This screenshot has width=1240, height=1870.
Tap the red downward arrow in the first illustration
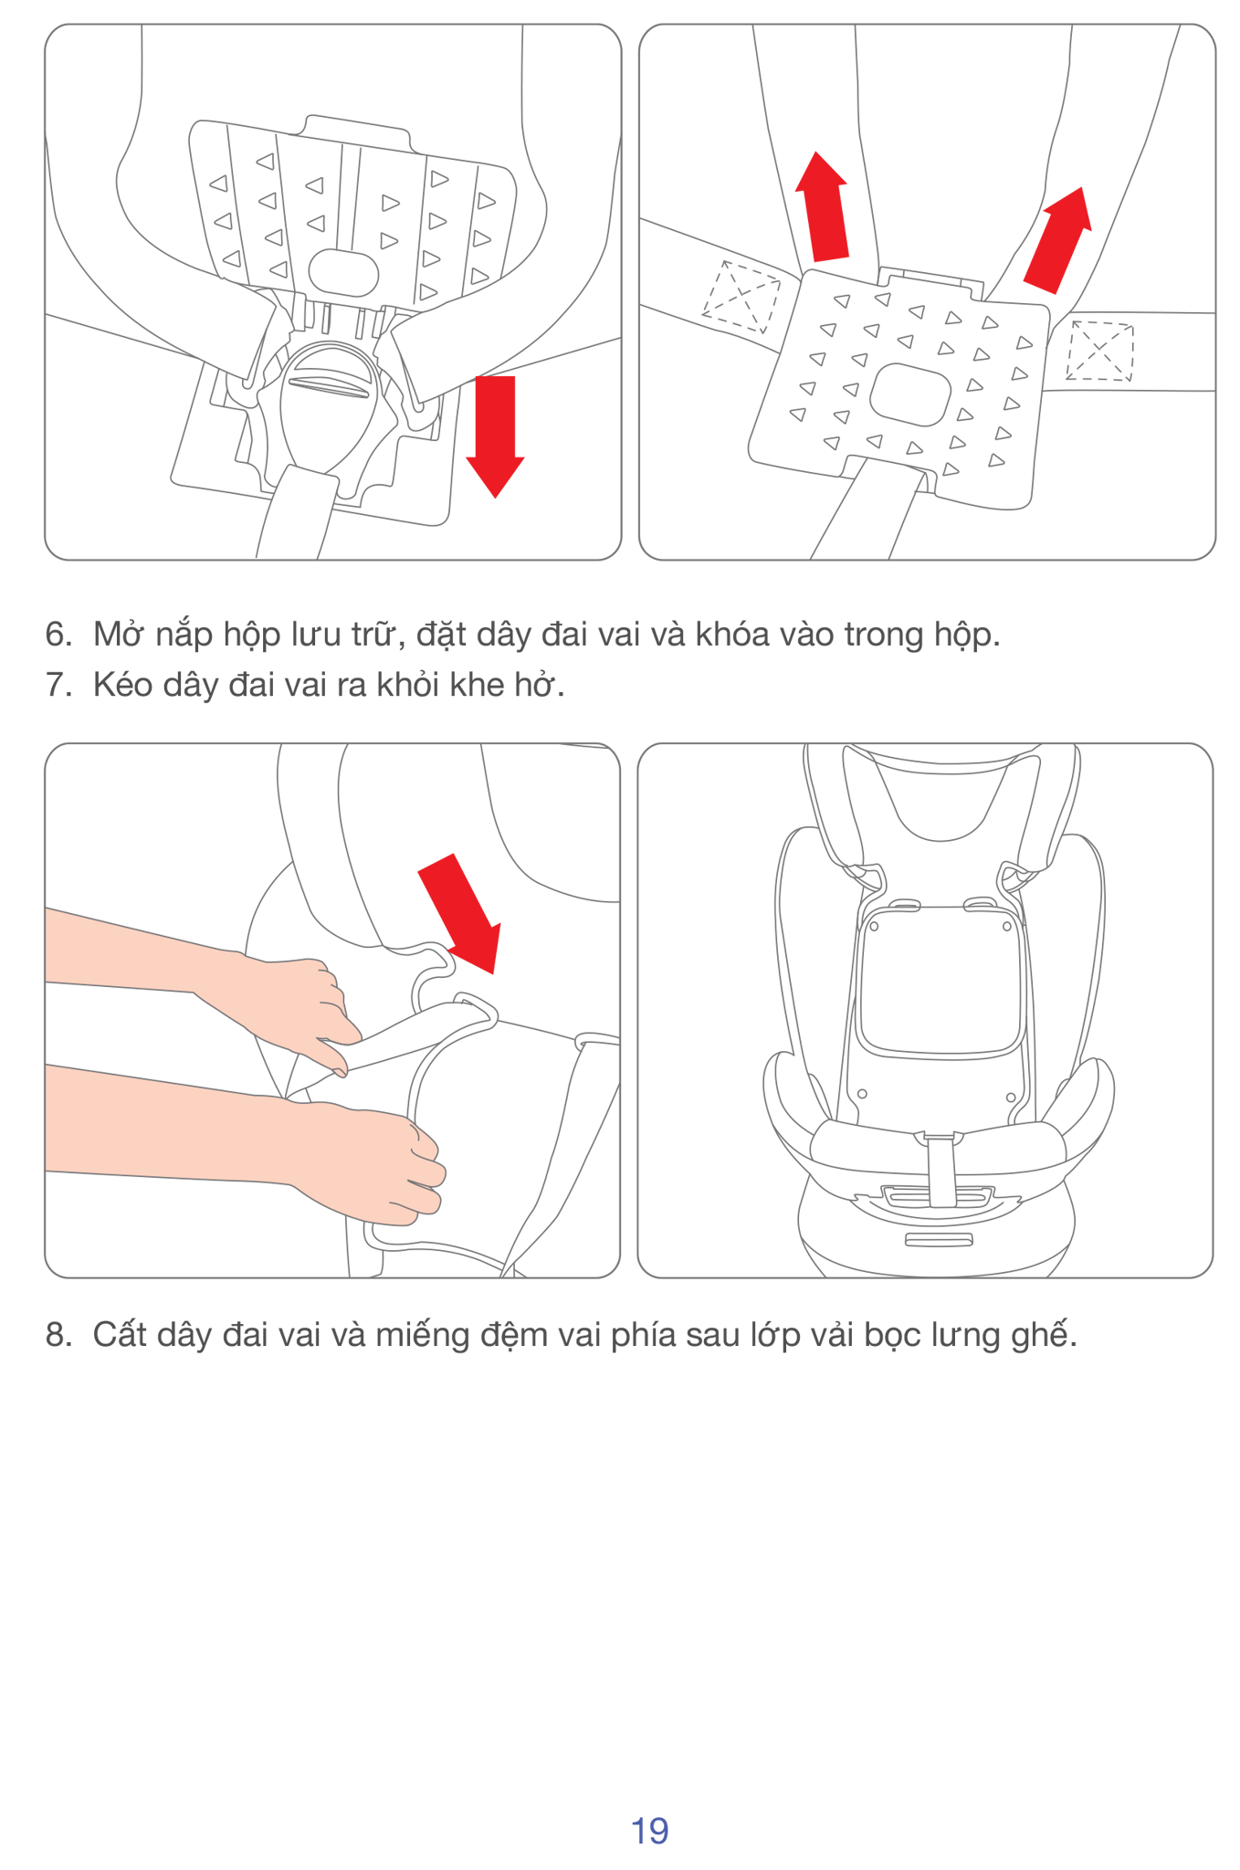coord(495,436)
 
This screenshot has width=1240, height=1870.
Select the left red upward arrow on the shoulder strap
coord(823,207)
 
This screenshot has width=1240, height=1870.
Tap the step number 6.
coord(58,635)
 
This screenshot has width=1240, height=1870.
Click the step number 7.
coord(58,685)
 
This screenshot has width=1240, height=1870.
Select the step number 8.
coord(58,1335)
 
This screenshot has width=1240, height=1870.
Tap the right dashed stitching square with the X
coord(1099,351)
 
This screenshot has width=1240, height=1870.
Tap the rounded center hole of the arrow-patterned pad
coord(909,394)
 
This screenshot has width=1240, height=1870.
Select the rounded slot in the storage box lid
coord(343,272)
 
